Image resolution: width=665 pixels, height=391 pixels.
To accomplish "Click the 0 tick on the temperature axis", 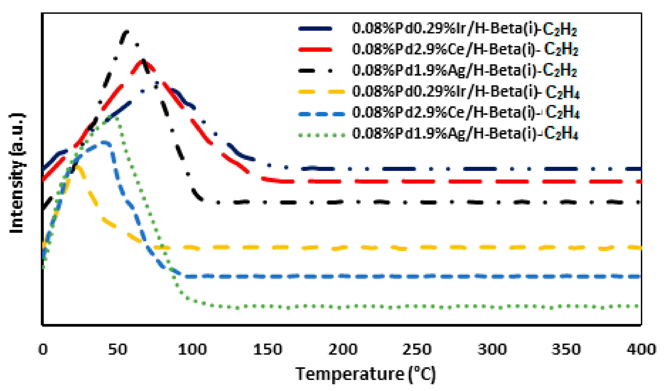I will point(43,349).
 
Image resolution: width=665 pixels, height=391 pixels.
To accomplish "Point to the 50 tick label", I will point(118,349).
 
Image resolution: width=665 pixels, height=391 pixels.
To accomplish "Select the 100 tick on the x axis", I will point(192,349).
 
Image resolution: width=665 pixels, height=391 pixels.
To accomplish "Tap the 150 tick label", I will point(268,349).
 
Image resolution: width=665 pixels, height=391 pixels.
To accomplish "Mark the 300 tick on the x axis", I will point(492,349).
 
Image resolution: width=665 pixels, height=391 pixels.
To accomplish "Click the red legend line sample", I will point(315,49).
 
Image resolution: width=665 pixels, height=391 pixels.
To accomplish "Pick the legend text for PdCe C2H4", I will point(466,113).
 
